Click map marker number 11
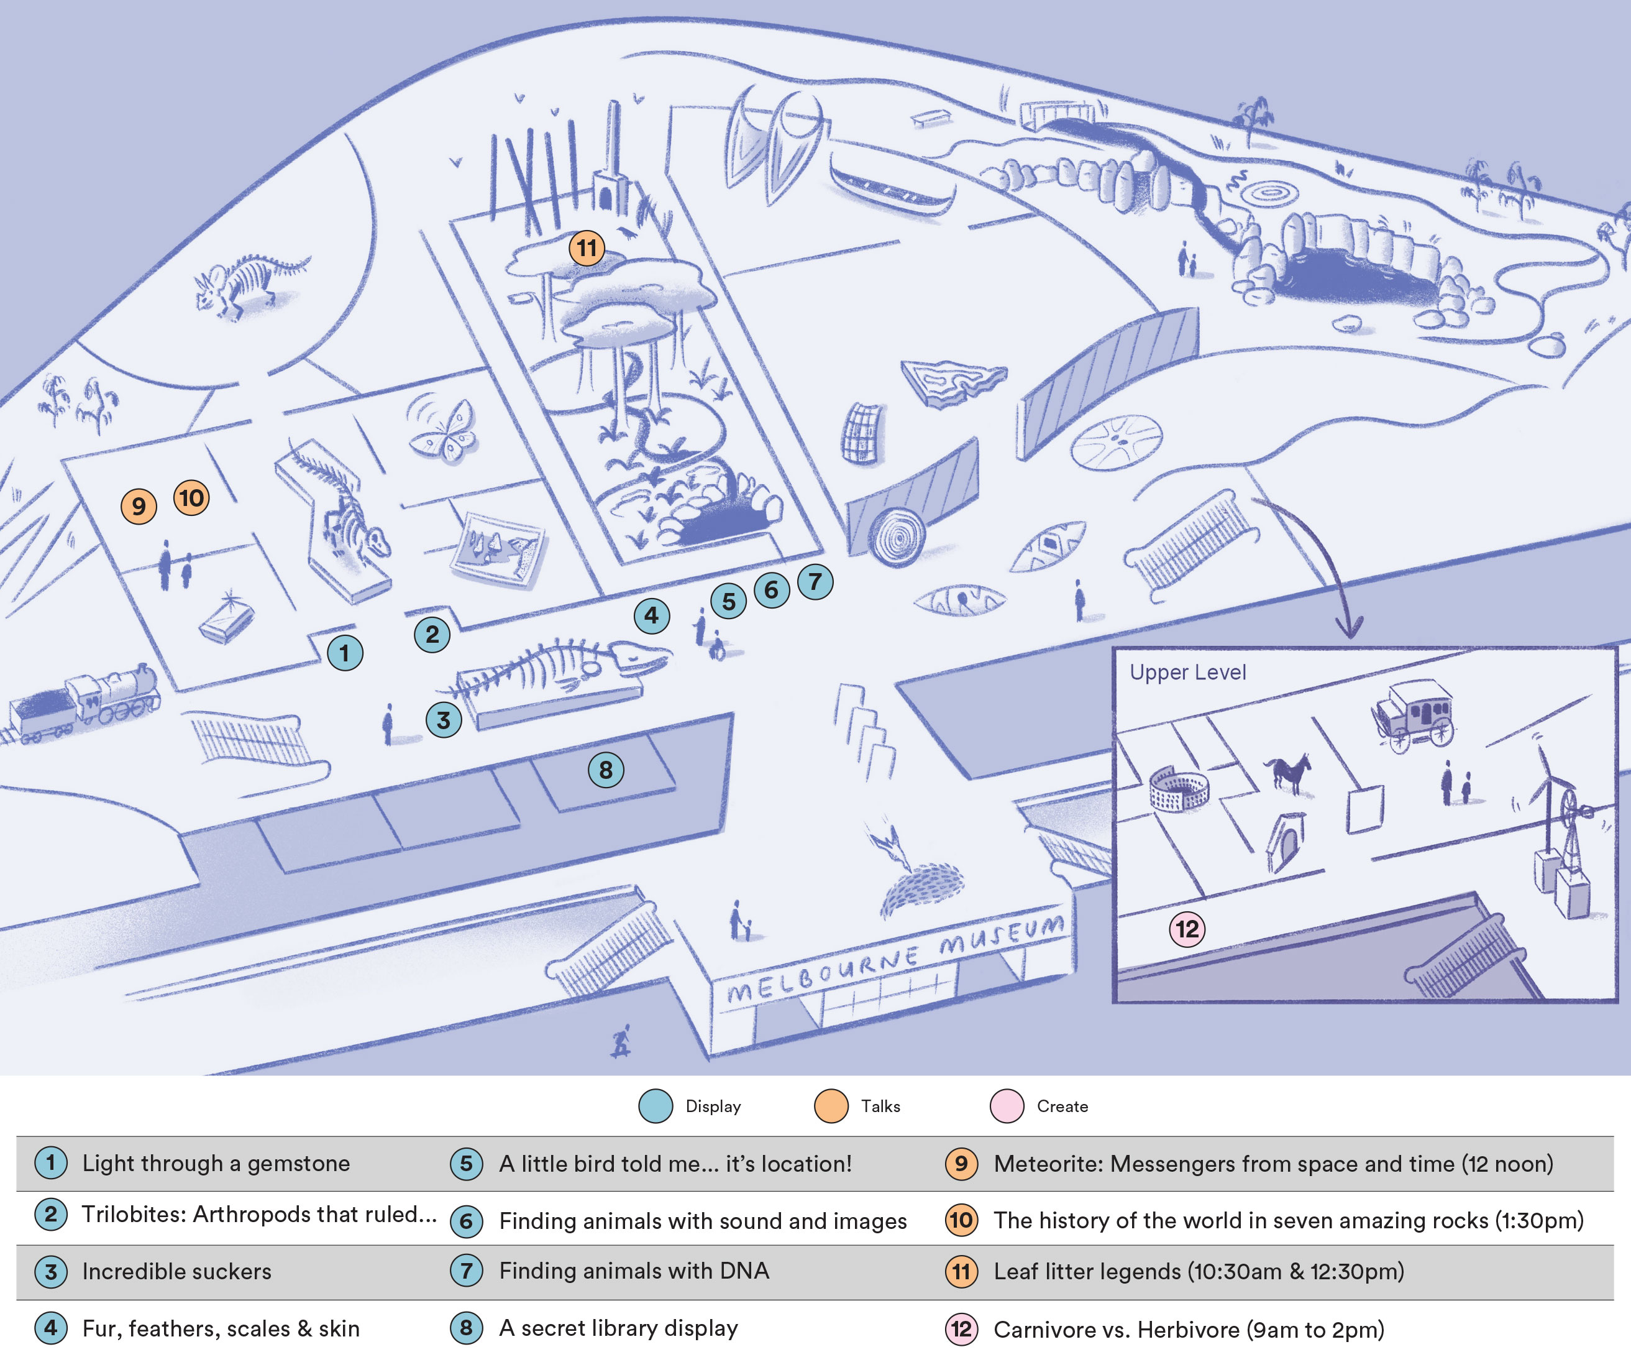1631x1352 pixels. click(587, 248)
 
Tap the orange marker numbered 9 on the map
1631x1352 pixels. click(138, 506)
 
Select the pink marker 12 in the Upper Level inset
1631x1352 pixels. click(1187, 929)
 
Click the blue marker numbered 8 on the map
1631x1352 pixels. click(606, 770)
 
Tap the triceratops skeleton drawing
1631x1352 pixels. click(249, 283)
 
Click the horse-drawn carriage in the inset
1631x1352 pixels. click(1414, 715)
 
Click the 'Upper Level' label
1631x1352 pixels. click(1187, 673)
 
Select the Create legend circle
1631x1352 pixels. click(1007, 1106)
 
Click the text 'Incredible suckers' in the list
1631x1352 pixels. click(177, 1272)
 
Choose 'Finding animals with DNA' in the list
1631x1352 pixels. click(634, 1271)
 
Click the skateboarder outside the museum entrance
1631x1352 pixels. click(621, 1041)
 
